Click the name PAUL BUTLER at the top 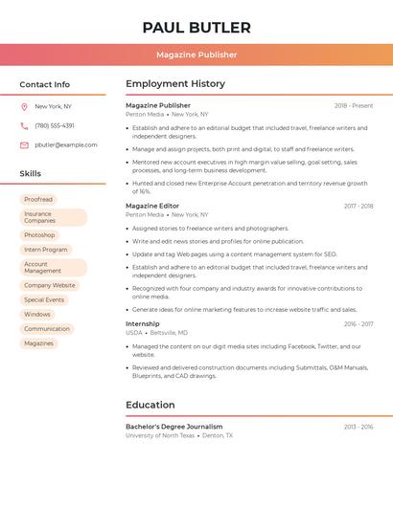point(196,28)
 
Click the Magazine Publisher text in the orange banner point(196,55)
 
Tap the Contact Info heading point(45,84)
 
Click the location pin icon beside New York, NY point(24,106)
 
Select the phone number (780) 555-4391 point(55,125)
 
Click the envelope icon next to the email point(24,144)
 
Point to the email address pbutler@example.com point(66,144)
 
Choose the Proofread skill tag point(38,199)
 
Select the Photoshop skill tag point(39,234)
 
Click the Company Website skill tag point(49,285)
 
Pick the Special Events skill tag point(44,299)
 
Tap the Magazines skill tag point(38,342)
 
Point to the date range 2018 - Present point(354,105)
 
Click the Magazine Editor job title point(152,206)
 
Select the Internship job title point(143,323)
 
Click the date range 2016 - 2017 point(358,324)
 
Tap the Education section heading point(150,405)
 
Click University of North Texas point(160,435)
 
